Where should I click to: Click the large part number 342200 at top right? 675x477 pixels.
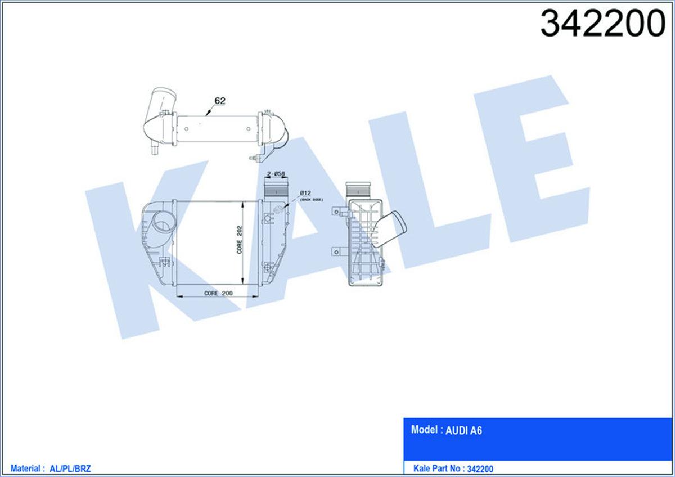coord(602,24)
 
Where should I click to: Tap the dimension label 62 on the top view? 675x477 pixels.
coord(219,101)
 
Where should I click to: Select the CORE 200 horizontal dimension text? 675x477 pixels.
coord(218,293)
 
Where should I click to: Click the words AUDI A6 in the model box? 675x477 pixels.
coord(463,431)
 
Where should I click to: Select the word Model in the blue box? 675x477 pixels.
coord(424,430)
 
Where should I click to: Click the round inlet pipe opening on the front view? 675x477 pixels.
coord(163,225)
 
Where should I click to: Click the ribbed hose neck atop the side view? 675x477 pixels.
coord(358,188)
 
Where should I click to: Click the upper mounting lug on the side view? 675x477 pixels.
coord(339,211)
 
